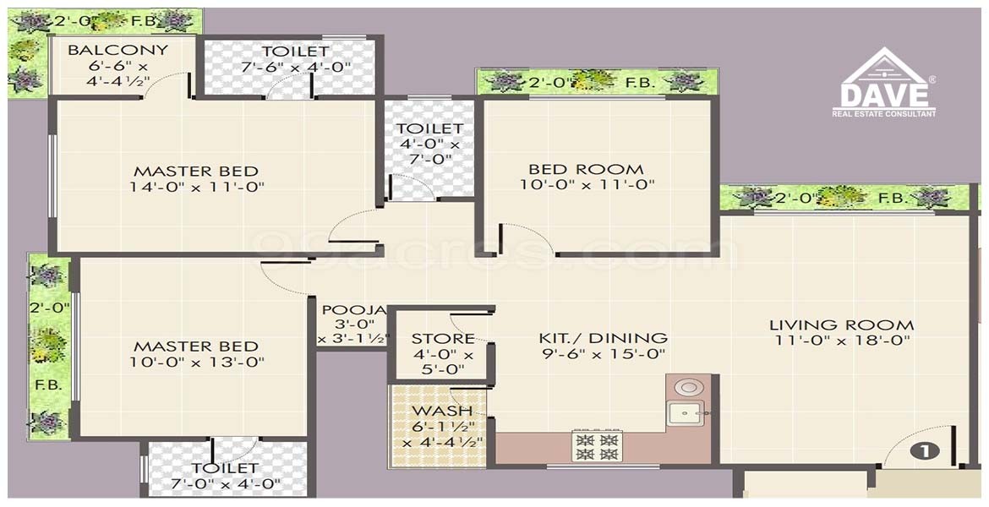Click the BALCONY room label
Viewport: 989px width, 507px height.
tap(118, 50)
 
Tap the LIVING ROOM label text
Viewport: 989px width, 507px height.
tap(841, 325)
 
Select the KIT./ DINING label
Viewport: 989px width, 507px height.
tap(603, 338)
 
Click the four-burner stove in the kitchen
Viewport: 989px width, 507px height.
tap(597, 445)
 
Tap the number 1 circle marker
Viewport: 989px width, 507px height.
tap(926, 450)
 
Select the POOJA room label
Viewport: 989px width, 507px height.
tap(353, 310)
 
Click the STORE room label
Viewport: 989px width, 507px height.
tap(443, 339)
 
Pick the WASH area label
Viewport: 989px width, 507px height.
tap(441, 412)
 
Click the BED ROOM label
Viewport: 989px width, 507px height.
tap(587, 169)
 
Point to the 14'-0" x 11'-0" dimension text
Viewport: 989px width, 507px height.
tap(197, 187)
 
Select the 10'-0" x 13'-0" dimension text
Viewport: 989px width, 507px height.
tap(197, 362)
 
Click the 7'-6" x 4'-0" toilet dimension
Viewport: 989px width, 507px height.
tap(296, 66)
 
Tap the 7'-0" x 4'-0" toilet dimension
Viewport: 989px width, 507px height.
tap(226, 483)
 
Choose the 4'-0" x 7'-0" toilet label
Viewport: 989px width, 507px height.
tap(429, 144)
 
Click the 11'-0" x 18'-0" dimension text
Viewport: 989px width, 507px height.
tap(841, 341)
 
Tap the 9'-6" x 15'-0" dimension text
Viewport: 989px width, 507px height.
tap(603, 354)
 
